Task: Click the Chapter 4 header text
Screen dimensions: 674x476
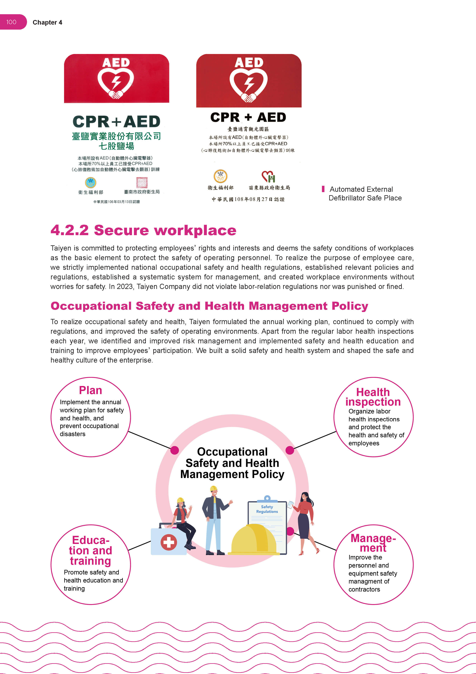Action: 47,23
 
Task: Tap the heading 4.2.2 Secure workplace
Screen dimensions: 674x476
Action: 143,230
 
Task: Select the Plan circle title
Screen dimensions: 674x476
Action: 90,390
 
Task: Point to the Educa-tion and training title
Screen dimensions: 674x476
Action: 91,550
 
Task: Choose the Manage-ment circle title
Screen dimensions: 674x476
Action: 373,543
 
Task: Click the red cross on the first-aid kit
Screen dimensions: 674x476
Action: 168,542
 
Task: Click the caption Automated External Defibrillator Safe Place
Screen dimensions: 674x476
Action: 365,193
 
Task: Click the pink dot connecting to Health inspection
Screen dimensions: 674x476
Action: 290,450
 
